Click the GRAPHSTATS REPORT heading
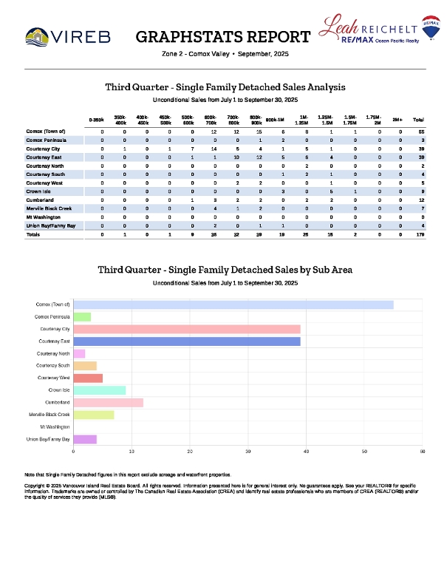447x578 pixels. [x=223, y=37]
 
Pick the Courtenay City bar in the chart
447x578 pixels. [x=186, y=328]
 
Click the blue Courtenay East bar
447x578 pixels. [x=186, y=341]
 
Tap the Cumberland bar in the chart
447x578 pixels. [x=108, y=402]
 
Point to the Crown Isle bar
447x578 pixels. [x=99, y=390]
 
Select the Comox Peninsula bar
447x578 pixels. [x=82, y=316]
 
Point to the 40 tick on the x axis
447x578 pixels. [x=306, y=450]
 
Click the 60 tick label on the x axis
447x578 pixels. [x=422, y=450]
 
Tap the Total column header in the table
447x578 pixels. [x=418, y=119]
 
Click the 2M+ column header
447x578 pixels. [x=397, y=119]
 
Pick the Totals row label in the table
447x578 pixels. [x=34, y=234]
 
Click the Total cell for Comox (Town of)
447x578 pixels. [x=418, y=130]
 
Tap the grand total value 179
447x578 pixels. [x=418, y=234]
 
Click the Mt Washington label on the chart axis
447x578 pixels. [x=55, y=427]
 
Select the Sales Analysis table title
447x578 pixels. [x=225, y=87]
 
